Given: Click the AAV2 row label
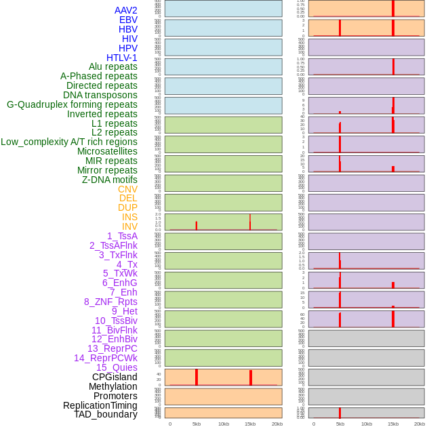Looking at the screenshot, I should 125,10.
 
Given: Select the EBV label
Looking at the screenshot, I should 128,20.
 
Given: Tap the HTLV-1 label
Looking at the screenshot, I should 121,58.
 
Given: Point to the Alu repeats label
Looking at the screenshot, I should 113,66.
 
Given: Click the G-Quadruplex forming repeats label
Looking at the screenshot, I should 72,104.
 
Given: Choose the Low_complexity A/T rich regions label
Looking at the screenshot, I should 69,142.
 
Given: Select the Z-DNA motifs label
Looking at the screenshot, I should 109,180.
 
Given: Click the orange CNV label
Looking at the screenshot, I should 127,189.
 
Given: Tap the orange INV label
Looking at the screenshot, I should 129,226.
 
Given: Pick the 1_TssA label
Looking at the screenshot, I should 122,236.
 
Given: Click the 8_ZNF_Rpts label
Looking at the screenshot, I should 110,302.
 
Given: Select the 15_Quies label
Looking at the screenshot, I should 117,367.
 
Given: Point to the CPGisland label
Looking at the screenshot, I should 115,377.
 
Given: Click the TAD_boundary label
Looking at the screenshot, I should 106,414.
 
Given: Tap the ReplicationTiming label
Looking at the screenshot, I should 100,405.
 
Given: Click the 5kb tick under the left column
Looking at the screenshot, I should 197,424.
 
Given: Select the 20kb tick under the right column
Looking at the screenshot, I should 420,424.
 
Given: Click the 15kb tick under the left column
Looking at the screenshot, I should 250,424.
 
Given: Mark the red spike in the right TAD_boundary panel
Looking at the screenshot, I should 340,413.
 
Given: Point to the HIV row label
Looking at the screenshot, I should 129,39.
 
